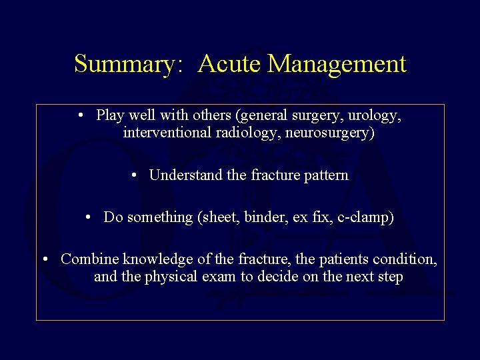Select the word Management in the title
pos(337,65)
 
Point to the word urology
pos(375,116)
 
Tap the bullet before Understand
pos(135,175)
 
